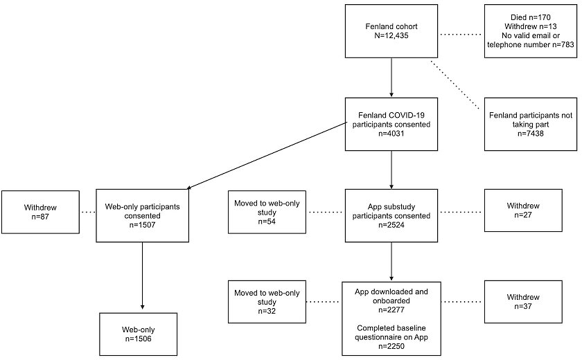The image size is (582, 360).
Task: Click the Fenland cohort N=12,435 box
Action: (391, 31)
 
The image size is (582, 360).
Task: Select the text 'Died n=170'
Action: (531, 17)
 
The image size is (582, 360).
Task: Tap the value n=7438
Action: (531, 134)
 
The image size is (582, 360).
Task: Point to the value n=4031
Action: (391, 134)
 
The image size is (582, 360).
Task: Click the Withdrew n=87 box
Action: (40, 212)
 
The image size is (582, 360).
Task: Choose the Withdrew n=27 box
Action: (523, 210)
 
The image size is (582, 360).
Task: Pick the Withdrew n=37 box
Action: (523, 302)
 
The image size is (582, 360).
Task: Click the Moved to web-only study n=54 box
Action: (267, 212)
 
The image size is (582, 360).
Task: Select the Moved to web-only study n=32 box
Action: (267, 302)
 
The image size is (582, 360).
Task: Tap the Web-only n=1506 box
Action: (138, 334)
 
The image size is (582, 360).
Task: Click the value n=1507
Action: (142, 225)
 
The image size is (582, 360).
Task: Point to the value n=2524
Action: (391, 225)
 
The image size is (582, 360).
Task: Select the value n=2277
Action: (391, 310)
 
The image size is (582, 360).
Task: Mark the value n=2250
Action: (391, 346)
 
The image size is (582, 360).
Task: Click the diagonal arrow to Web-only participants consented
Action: (267, 156)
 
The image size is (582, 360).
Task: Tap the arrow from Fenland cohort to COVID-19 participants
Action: (391, 78)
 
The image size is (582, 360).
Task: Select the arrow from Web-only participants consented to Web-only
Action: (142, 276)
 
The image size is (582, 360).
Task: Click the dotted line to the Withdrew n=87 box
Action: (88, 213)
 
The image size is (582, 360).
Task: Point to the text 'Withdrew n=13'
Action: (531, 27)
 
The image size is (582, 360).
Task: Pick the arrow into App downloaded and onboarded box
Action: (391, 262)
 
